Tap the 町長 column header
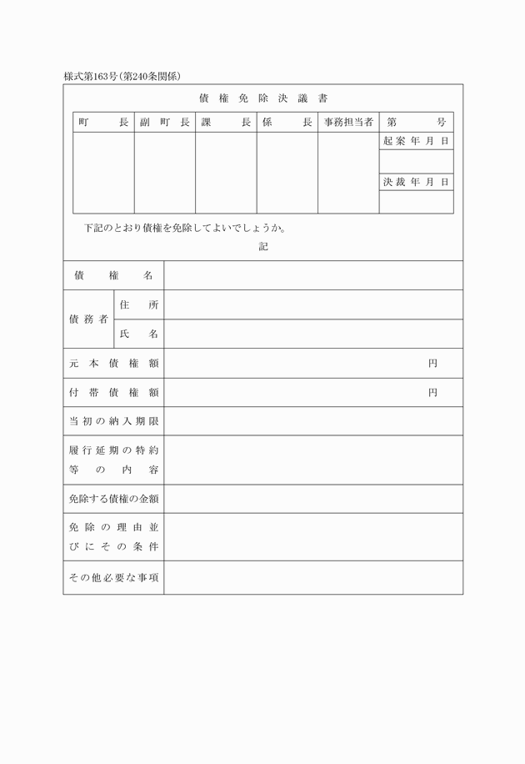point(103,123)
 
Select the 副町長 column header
point(165,123)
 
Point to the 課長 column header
point(226,123)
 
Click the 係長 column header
point(287,123)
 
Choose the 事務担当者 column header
point(348,123)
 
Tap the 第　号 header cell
point(416,123)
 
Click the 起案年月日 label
point(416,142)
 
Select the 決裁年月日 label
point(416,182)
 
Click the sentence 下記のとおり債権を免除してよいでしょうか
point(186,228)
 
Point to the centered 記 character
point(263,247)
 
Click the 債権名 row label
point(113,275)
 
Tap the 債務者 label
point(88,319)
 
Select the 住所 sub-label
point(138,305)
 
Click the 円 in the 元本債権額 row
point(432,364)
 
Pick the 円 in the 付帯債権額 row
point(432,393)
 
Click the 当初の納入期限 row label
point(113,422)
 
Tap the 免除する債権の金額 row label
point(113,500)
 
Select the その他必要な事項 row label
point(113,578)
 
